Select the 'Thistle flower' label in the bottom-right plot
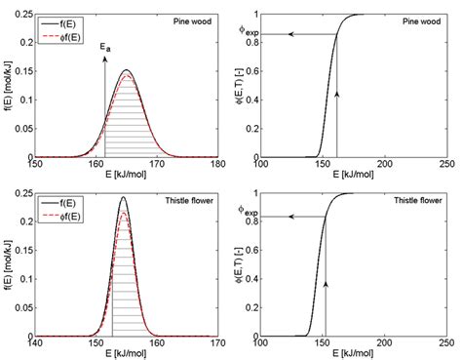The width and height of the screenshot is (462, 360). (417, 198)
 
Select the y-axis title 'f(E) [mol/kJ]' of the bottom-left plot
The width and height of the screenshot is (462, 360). (8, 262)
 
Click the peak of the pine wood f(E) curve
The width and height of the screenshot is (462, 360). (126, 70)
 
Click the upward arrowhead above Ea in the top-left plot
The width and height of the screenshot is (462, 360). (104, 57)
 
